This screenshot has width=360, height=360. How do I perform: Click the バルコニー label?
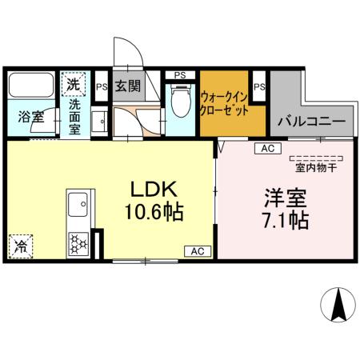pyautogui.click(x=312, y=122)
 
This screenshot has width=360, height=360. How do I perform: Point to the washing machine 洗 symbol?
pyautogui.click(x=74, y=83)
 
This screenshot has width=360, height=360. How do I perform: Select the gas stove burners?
pyautogui.click(x=79, y=241)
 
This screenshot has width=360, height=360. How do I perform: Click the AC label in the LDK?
pyautogui.click(x=197, y=250)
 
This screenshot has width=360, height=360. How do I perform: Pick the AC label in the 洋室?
pyautogui.click(x=267, y=149)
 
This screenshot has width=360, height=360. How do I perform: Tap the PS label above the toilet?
pyautogui.click(x=180, y=75)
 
